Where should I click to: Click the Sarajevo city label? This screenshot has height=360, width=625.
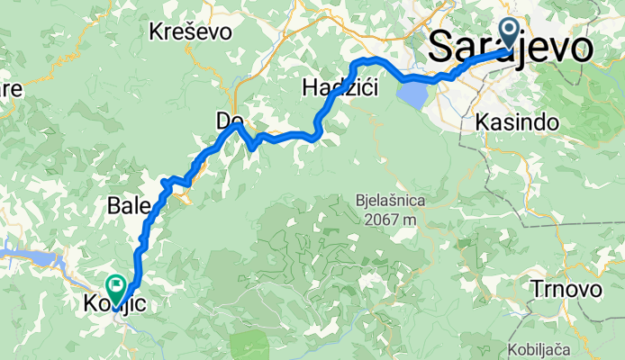[512, 47]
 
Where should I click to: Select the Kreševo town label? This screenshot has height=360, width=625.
[191, 32]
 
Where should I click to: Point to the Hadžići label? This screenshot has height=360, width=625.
[340, 88]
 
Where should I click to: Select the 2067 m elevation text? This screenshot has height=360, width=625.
[390, 218]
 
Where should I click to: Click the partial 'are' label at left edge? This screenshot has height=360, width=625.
[11, 89]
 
